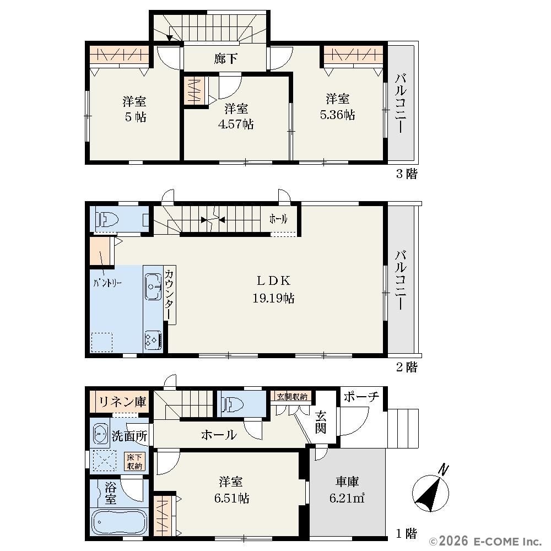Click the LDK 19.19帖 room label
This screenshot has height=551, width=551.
[273, 289]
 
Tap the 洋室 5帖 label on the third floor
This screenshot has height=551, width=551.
[135, 109]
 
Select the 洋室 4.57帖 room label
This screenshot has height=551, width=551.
[236, 116]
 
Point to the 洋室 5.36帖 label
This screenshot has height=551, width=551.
[337, 106]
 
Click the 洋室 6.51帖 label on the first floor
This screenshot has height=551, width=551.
[231, 489]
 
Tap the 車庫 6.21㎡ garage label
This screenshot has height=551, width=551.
[347, 489]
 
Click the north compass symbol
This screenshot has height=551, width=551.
[431, 490]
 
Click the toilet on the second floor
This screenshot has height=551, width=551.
[109, 220]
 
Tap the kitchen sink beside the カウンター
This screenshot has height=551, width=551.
[153, 287]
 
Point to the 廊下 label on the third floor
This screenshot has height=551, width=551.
[225, 59]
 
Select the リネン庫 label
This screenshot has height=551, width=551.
[122, 401]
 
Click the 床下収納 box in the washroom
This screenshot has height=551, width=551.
[134, 462]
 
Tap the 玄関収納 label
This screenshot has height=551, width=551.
[292, 397]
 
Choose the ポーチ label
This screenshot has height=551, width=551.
[361, 397]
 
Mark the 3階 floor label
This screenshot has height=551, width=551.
[407, 174]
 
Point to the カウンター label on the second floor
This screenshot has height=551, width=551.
[169, 294]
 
